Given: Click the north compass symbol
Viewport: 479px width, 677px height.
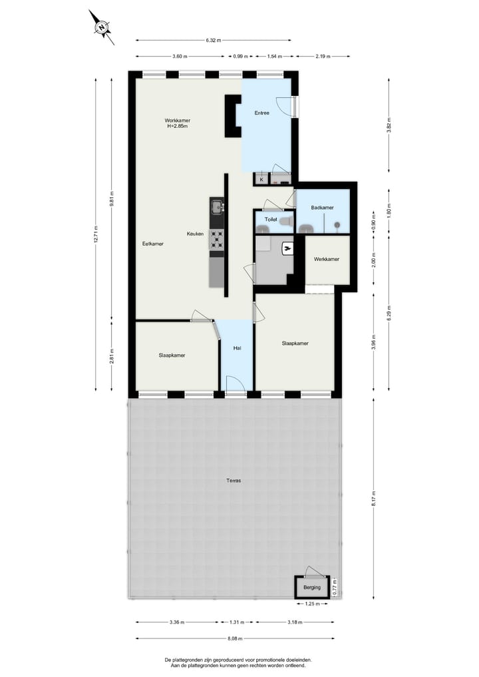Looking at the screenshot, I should click(102, 27).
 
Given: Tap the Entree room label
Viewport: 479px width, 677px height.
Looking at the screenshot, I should click(262, 113).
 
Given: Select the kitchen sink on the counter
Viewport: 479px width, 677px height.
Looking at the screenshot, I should click(216, 207).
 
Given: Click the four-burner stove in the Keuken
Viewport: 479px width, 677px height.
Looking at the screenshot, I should click(217, 239).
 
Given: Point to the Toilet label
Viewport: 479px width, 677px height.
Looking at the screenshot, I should click(271, 219).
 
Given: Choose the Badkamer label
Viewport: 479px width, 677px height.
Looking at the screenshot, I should click(323, 208).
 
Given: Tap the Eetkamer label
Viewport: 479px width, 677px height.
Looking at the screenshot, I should click(153, 244).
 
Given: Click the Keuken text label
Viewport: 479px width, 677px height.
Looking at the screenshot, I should click(195, 234).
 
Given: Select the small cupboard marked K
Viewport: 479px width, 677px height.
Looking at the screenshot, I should click(261, 179).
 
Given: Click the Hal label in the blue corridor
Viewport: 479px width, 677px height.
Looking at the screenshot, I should click(236, 348).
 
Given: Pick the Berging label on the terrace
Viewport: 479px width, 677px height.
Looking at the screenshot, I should click(312, 587).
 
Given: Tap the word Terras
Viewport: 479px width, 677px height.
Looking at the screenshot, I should click(233, 480).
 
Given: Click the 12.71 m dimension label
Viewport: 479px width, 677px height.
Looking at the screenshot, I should click(96, 234).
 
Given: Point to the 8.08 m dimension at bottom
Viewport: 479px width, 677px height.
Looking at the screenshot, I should click(233, 639).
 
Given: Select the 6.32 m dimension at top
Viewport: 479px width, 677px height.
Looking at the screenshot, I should click(213, 41).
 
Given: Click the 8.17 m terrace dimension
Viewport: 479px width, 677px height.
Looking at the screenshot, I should click(373, 496).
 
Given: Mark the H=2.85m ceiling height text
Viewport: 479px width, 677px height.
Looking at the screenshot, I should click(176, 126).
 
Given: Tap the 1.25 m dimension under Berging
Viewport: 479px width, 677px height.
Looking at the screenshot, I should click(312, 604).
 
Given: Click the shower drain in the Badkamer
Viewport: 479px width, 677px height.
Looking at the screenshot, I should click(337, 225).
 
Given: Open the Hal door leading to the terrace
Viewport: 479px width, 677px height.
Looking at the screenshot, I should click(235, 385).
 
